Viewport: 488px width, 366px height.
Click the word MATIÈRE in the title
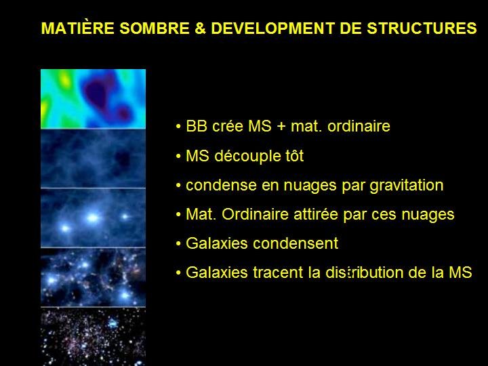tap(78, 28)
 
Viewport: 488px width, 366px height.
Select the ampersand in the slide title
tap(201, 28)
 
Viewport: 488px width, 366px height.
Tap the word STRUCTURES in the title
tap(422, 28)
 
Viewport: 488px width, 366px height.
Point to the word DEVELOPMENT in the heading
tap(273, 28)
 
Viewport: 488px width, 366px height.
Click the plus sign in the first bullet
tap(281, 127)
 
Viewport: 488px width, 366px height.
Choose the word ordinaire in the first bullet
tap(359, 126)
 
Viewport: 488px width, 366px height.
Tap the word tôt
tap(291, 156)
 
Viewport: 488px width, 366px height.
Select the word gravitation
tap(407, 186)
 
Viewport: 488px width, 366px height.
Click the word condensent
tap(296, 243)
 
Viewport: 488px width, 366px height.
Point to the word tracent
tap(278, 272)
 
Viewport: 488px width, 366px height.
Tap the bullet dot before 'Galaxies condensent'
tap(178, 243)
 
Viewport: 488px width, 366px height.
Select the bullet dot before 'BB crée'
tap(178, 127)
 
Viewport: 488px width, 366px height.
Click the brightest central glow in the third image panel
tap(92, 218)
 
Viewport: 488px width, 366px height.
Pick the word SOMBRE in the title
tap(155, 28)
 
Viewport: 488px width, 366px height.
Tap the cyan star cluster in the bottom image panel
tap(113, 324)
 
